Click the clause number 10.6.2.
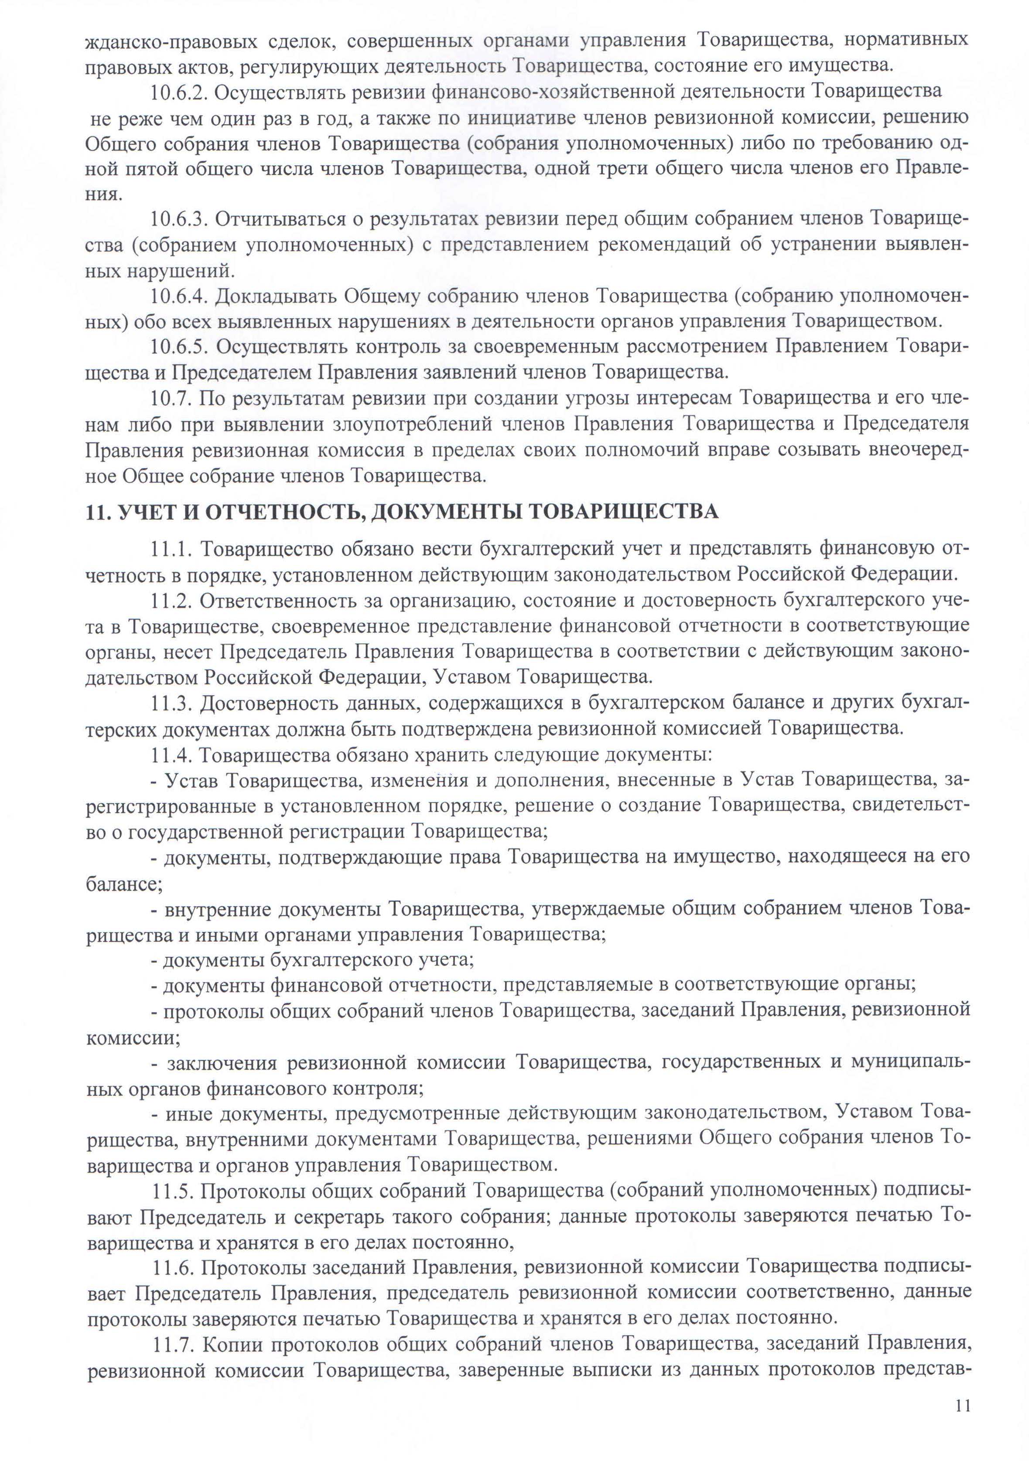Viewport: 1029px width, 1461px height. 180,92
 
